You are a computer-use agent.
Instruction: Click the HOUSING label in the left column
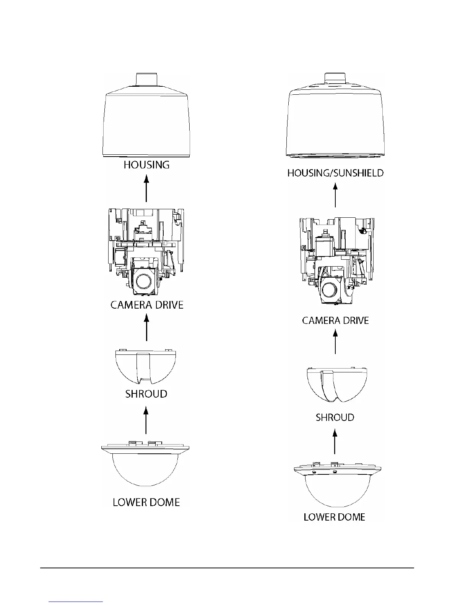pos(146,165)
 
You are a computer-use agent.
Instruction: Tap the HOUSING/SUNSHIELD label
pos(335,173)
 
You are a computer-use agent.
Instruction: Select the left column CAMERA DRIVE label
pos(147,305)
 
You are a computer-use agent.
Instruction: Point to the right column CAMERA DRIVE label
pos(335,320)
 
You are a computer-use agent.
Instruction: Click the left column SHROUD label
pos(146,394)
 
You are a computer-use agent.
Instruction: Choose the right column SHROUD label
pos(335,417)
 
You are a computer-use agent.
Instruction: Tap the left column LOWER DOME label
pos(146,502)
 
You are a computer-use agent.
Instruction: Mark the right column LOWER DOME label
pos(335,517)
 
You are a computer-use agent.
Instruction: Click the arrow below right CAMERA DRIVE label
pos(335,342)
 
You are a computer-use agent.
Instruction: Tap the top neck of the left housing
pos(146,79)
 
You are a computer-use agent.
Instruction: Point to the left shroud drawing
pos(146,367)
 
